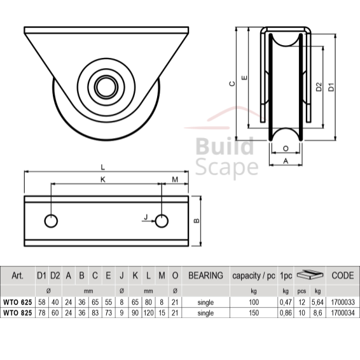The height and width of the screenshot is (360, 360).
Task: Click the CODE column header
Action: pyautogui.click(x=343, y=275)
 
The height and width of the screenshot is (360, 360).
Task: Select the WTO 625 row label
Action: pyautogui.click(x=18, y=302)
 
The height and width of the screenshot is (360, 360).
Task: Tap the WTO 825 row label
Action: pyautogui.click(x=18, y=313)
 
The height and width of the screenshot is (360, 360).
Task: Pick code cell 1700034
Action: pyautogui.click(x=343, y=313)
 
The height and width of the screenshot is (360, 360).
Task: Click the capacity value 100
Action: pyautogui.click(x=254, y=302)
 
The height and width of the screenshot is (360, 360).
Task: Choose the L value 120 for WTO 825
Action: pyautogui.click(x=148, y=313)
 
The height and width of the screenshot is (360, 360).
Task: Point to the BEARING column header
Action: pyautogui.click(x=205, y=275)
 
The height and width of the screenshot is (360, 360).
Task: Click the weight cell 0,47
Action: pyautogui.click(x=286, y=302)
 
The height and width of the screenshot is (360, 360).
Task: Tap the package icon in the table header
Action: pyautogui.click(x=310, y=274)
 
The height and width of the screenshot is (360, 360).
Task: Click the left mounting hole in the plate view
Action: pyautogui.click(x=51, y=221)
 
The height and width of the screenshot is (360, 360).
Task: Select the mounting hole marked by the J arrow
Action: pyautogui.click(x=162, y=221)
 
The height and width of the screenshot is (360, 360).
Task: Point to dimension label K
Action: pyautogui.click(x=103, y=179)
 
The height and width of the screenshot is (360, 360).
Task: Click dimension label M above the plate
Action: pyautogui.click(x=175, y=179)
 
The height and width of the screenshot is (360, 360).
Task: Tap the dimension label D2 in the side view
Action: pyautogui.click(x=319, y=87)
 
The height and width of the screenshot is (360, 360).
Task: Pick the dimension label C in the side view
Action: pyautogui.click(x=232, y=83)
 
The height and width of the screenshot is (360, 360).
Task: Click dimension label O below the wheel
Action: pyautogui.click(x=286, y=149)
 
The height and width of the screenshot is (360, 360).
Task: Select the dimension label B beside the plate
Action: pyautogui.click(x=197, y=221)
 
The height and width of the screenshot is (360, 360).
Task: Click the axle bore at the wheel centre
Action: pyautogui.click(x=106, y=87)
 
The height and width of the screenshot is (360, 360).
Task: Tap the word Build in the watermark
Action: pyautogui.click(x=225, y=146)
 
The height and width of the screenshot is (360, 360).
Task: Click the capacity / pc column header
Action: pyautogui.click(x=254, y=276)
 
